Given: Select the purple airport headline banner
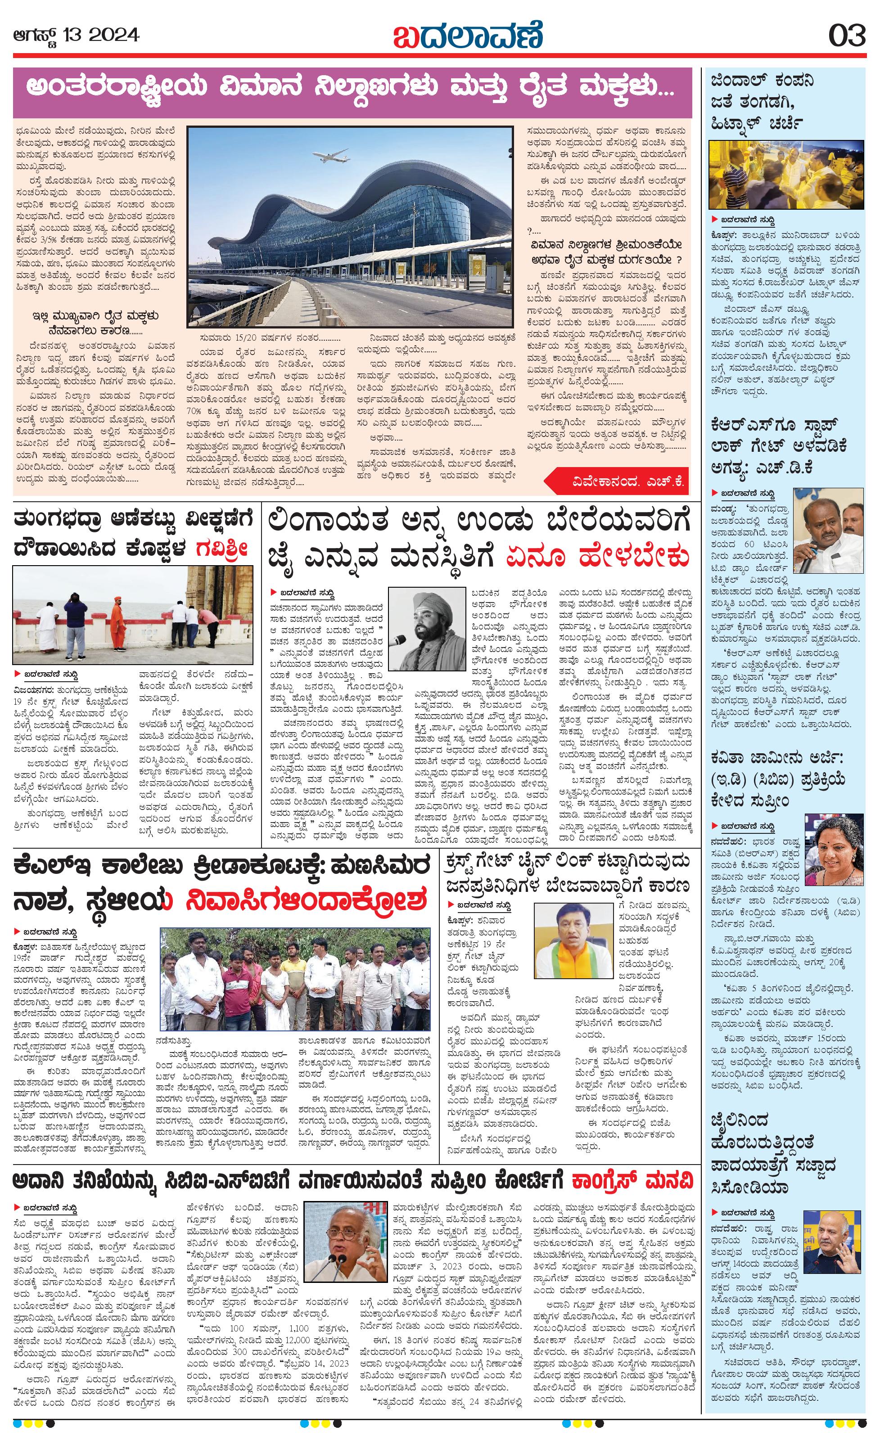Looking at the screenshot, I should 352,92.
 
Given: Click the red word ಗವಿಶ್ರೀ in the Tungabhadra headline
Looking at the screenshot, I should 222,549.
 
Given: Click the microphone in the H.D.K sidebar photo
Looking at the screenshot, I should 806,564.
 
